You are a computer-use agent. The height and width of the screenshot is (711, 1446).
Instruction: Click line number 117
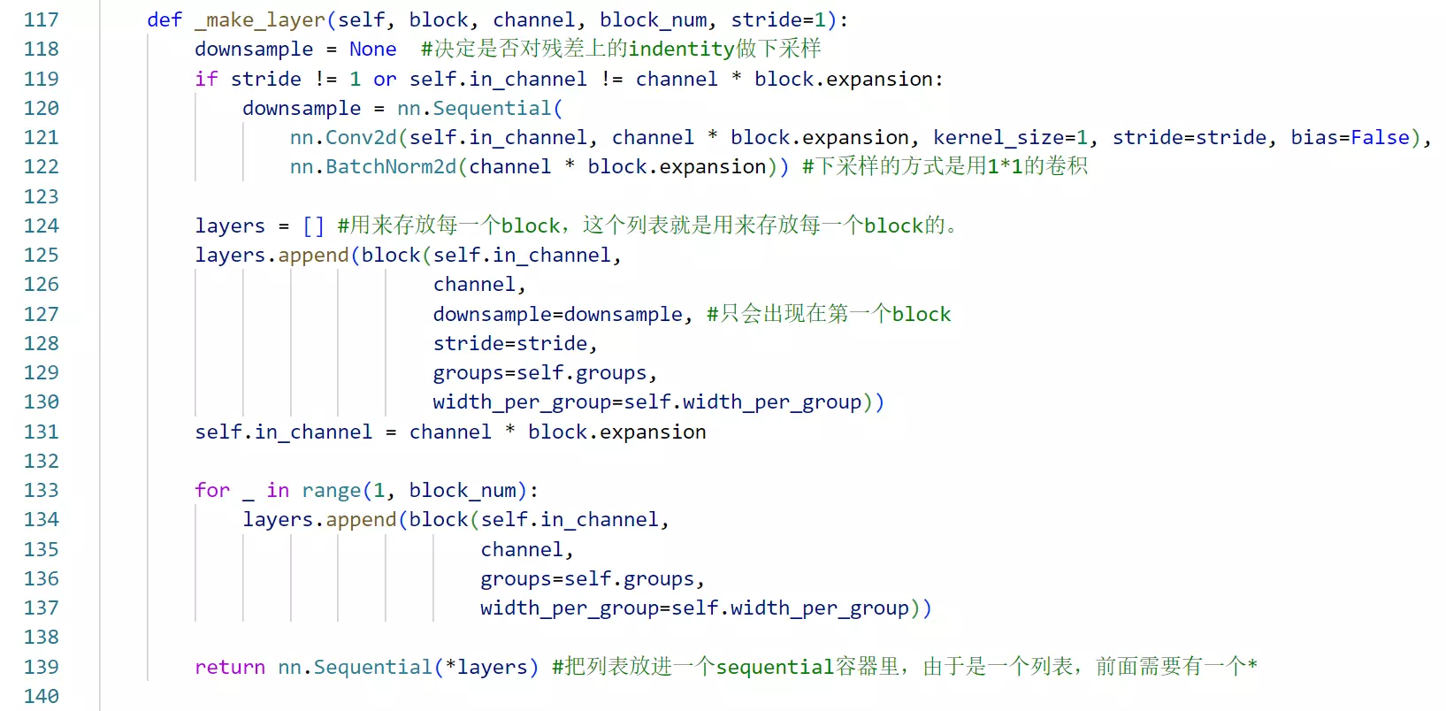click(41, 19)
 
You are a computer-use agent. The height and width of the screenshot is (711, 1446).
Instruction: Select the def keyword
click(164, 19)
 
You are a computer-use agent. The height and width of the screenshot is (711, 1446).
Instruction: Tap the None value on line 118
click(372, 49)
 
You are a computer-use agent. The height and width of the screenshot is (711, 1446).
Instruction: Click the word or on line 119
click(385, 79)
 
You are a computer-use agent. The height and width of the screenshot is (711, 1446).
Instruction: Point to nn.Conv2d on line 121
click(343, 137)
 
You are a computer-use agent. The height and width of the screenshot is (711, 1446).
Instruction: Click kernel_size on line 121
click(998, 137)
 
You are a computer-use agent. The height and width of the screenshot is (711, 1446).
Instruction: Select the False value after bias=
click(1379, 137)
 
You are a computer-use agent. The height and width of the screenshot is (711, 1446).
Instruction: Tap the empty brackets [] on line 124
click(313, 226)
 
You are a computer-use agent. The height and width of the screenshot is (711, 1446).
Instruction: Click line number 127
click(41, 314)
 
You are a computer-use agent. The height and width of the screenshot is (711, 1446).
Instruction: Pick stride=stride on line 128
click(510, 343)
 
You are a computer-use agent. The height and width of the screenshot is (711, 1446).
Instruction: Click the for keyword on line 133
click(212, 490)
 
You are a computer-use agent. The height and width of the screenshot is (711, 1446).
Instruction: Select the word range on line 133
click(331, 490)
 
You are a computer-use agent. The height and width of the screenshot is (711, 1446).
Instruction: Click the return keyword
click(230, 667)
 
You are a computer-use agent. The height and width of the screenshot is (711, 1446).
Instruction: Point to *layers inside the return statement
click(486, 667)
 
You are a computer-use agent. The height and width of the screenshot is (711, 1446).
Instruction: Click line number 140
click(41, 696)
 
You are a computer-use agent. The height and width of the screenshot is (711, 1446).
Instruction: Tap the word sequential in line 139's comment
click(775, 667)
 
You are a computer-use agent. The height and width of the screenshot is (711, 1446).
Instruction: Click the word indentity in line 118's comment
click(681, 49)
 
